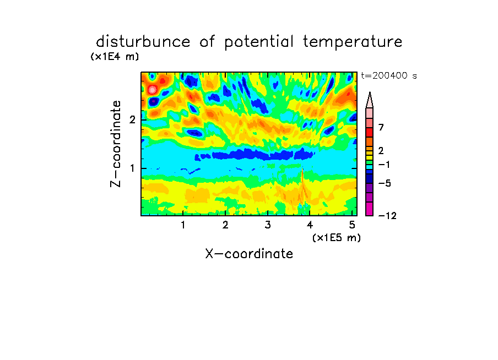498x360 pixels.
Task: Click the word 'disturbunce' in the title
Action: [143, 42]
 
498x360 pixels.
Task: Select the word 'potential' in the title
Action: [259, 42]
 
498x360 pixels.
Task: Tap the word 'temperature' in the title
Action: [353, 42]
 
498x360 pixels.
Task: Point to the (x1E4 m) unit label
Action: [115, 57]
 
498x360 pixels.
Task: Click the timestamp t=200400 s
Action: [389, 75]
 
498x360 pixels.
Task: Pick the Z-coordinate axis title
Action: [116, 144]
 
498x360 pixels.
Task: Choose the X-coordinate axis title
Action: [249, 254]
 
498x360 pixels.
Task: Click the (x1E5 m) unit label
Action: [337, 238]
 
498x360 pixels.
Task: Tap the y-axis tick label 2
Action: [132, 119]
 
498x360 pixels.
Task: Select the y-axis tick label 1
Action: [132, 168]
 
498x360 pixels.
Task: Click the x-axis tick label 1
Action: [183, 225]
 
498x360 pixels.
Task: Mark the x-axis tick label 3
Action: [268, 225]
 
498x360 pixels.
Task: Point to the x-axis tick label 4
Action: [310, 225]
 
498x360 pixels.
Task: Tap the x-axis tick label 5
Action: [352, 225]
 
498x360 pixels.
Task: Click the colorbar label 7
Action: [381, 127]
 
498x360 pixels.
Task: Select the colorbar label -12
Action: [387, 216]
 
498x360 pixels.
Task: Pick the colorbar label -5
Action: [385, 183]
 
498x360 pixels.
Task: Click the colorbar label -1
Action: [385, 165]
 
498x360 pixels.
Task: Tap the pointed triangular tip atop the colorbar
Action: [370, 92]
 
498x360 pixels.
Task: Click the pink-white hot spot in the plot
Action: [153, 90]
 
